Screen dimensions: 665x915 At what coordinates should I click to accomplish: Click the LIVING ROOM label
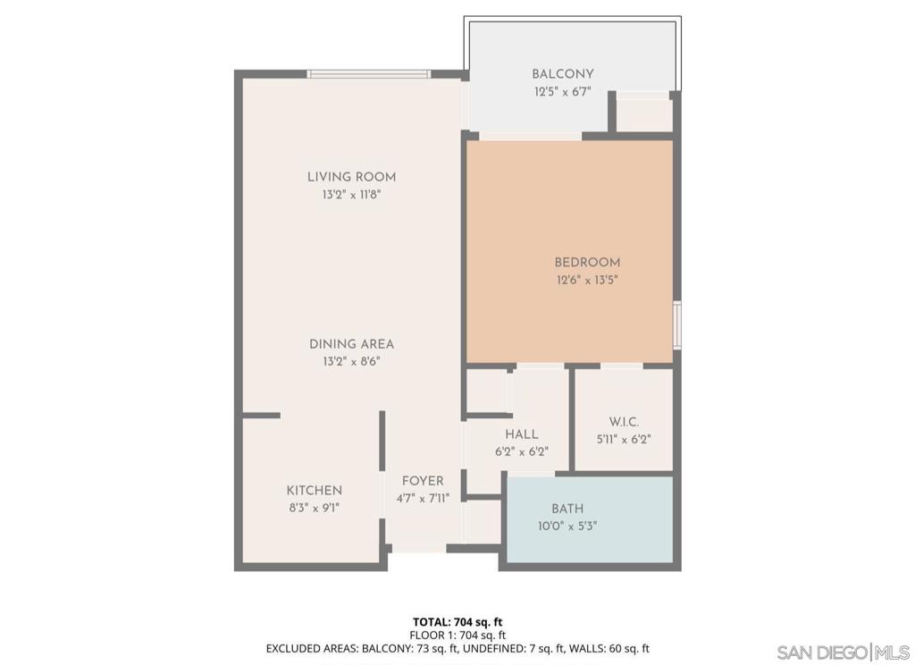point(351,177)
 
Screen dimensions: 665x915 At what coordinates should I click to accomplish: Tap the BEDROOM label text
point(587,262)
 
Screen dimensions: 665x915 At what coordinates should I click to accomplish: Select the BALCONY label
point(563,74)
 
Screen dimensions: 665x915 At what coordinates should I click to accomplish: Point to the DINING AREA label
point(351,344)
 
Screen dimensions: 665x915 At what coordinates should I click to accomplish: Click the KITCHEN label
point(314,490)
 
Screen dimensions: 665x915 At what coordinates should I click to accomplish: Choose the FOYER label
point(423,481)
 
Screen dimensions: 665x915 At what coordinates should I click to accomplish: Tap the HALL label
point(521,434)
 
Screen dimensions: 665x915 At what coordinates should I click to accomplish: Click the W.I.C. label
point(624,422)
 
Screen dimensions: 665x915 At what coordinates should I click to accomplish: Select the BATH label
point(567,509)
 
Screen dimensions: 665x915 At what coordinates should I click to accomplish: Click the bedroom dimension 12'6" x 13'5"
point(587,280)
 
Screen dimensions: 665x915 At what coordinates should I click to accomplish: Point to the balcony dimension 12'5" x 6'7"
point(563,91)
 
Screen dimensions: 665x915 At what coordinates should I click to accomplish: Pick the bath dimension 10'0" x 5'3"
point(567,526)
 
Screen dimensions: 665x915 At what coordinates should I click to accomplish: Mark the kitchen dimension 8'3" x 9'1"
point(314,508)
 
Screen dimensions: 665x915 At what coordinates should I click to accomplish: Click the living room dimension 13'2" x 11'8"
point(351,194)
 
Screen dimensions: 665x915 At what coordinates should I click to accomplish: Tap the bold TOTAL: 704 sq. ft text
point(457,621)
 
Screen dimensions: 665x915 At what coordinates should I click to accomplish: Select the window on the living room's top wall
point(368,74)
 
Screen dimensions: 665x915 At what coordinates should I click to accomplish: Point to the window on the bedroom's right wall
point(677,325)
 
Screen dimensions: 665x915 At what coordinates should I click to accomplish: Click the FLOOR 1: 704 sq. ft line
point(457,635)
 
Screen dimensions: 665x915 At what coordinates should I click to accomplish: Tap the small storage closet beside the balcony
point(644,114)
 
